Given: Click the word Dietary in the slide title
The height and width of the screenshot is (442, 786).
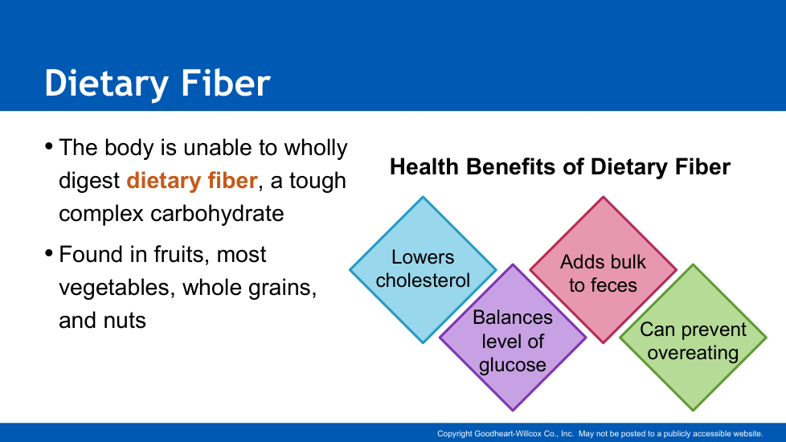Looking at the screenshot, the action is [x=106, y=84].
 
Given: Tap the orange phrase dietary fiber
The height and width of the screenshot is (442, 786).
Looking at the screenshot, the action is [x=192, y=180].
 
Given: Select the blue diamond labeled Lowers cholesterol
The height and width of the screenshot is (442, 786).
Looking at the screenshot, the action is [x=423, y=269].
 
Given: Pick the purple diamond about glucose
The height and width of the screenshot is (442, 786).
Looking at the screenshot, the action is [x=513, y=338].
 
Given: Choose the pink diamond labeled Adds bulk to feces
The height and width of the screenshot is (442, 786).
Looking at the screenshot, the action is [x=603, y=269].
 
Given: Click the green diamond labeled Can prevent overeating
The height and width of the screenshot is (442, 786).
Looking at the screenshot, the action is [x=694, y=338].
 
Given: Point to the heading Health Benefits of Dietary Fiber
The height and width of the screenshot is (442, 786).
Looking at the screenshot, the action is [x=560, y=167].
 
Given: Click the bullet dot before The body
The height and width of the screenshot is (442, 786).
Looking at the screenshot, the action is [x=49, y=146].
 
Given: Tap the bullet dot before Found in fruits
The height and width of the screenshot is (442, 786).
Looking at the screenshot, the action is [x=49, y=253].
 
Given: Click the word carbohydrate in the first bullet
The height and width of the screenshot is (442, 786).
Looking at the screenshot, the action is [x=217, y=214].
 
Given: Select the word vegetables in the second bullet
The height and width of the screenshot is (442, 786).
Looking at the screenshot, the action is [x=117, y=289].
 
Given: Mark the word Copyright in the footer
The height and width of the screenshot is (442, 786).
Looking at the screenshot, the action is [x=455, y=434].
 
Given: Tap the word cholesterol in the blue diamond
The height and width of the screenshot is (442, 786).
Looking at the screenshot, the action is [x=423, y=280].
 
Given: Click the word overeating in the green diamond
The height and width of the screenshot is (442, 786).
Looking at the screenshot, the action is [x=694, y=353].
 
